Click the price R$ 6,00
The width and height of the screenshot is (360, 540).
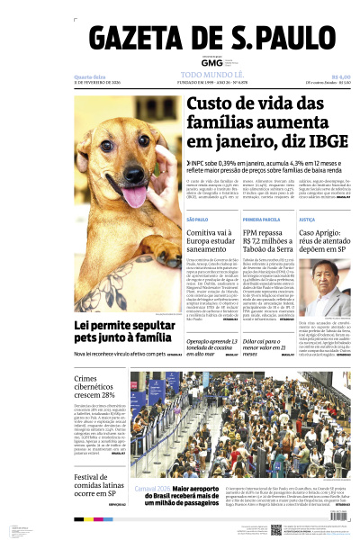pos(341,76)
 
